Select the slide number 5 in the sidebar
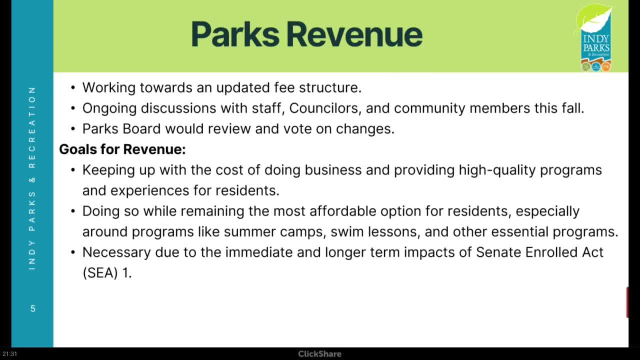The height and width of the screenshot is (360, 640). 32,308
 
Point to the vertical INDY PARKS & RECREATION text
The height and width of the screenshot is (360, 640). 32,178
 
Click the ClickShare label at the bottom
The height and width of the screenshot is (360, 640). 319,354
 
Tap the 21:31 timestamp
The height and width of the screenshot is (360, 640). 9,354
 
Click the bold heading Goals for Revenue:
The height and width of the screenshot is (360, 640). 122,149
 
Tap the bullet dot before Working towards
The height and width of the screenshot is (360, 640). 73,88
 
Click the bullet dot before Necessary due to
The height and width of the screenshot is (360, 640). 73,252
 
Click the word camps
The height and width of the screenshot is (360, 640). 304,232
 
